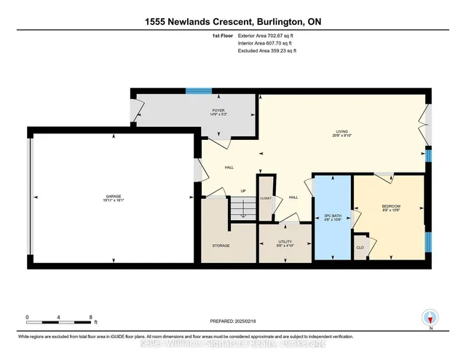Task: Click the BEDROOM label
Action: [x=391, y=207]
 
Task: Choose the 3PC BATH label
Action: [x=332, y=216]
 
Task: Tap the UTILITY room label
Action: [x=285, y=241]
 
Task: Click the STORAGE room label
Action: [x=221, y=246]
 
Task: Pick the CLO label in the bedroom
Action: [x=360, y=247]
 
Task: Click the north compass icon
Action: [x=430, y=318]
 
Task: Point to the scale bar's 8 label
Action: [x=90, y=317]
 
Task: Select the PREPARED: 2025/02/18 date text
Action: [x=234, y=318]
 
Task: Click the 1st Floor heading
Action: [x=221, y=35]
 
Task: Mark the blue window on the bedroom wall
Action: [x=427, y=240]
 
